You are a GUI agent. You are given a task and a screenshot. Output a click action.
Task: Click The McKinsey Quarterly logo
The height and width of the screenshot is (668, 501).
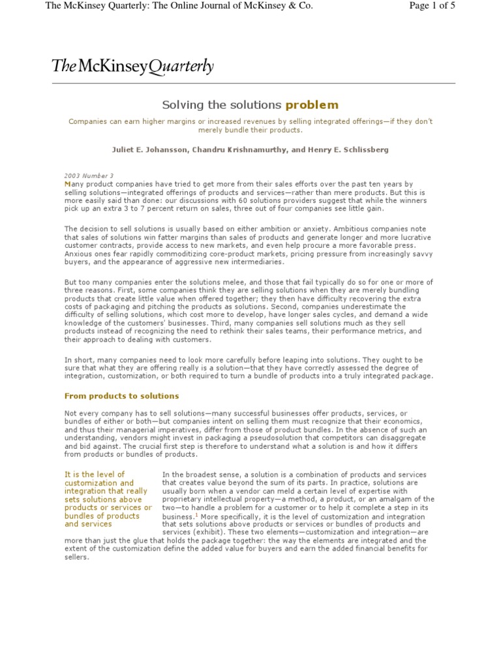click(x=132, y=66)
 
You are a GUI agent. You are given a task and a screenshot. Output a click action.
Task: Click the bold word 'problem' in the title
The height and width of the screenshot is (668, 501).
click(x=312, y=104)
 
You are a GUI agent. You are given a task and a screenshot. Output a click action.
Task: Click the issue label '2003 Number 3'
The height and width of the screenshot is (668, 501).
click(x=89, y=176)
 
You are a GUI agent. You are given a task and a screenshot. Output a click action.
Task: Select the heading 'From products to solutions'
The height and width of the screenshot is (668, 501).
click(x=121, y=396)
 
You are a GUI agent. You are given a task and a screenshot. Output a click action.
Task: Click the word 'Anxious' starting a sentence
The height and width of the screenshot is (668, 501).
click(x=79, y=253)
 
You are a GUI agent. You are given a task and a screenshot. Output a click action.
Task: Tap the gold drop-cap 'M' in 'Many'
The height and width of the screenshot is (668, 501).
click(x=67, y=185)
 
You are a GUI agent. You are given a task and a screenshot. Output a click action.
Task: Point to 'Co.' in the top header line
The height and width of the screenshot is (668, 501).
click(x=304, y=7)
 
